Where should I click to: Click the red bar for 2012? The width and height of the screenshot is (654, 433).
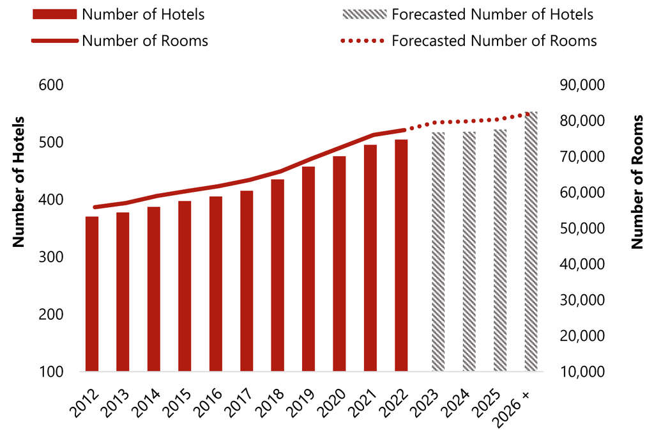[x=92, y=294]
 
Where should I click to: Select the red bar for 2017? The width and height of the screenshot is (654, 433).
[x=247, y=281]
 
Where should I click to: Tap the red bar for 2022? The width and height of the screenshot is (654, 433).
[x=401, y=255]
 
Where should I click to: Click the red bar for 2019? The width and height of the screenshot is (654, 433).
[x=308, y=269]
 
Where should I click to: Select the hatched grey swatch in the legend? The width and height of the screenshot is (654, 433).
[x=363, y=14]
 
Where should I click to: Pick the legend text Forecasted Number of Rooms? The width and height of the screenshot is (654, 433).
[x=494, y=41]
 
